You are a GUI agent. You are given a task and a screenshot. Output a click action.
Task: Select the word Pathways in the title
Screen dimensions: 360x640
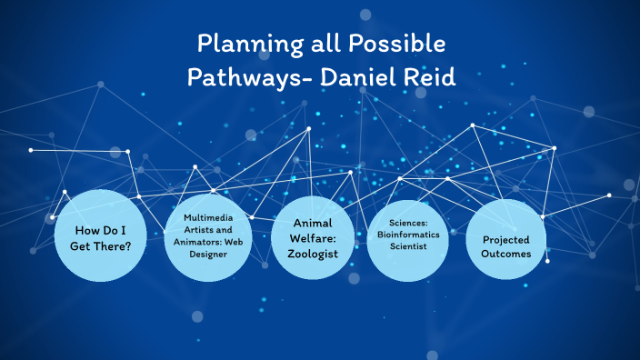238,78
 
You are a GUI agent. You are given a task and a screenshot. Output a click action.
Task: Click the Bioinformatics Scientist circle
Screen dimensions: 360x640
412,237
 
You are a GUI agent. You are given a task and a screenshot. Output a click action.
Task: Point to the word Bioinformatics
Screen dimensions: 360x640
412,234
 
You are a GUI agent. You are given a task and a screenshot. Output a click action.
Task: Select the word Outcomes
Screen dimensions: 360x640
505,254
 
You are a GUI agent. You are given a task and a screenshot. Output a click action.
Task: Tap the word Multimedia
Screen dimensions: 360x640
210,218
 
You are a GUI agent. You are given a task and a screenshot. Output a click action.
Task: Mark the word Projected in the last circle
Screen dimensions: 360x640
505,239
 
